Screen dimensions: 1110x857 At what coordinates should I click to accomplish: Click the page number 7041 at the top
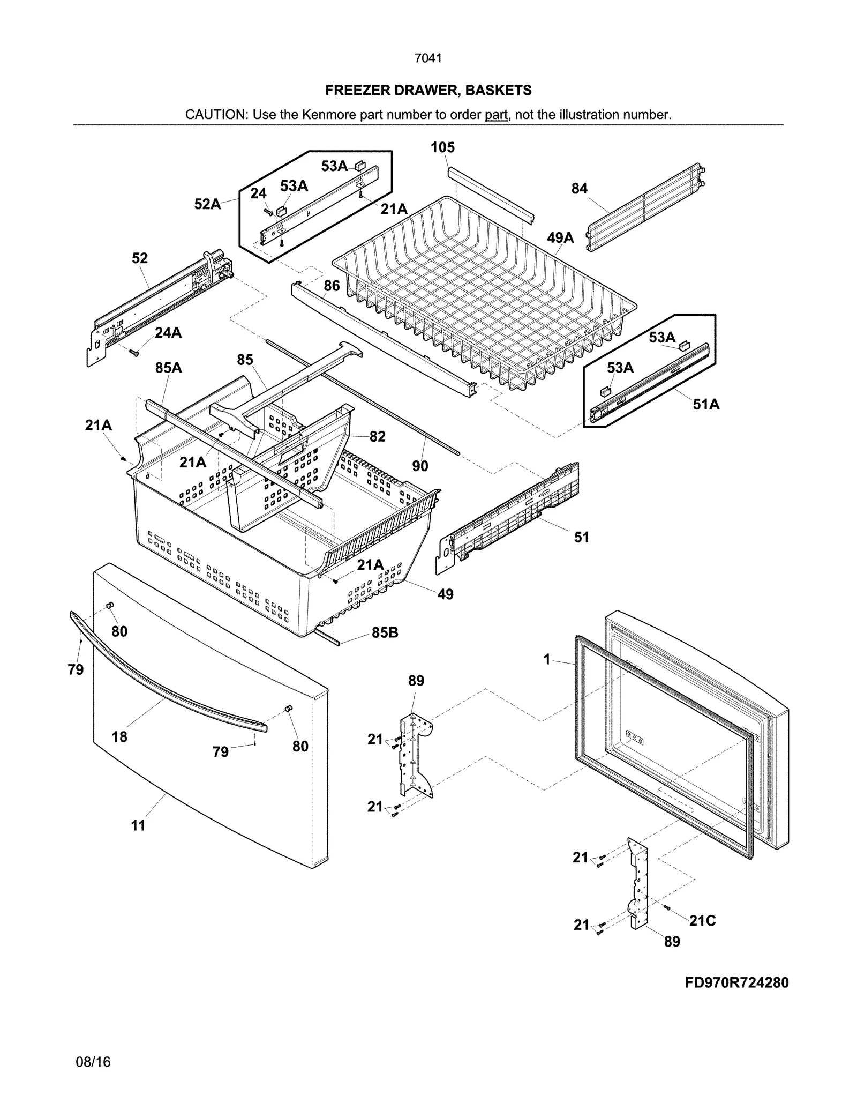(428, 58)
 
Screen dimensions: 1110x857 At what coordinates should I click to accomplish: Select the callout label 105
(442, 147)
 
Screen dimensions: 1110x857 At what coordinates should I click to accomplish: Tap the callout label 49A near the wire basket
(560, 238)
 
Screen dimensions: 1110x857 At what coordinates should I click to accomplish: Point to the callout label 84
(579, 189)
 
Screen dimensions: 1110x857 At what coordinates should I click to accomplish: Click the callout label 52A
(207, 204)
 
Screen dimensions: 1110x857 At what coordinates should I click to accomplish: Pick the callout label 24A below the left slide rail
(168, 333)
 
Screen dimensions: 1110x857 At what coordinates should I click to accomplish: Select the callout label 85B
(385, 633)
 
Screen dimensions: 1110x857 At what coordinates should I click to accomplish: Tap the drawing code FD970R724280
(736, 982)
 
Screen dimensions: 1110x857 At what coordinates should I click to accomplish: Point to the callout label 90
(420, 466)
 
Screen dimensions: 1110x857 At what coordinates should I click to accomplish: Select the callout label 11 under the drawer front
(138, 826)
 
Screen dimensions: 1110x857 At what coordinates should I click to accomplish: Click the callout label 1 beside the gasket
(547, 660)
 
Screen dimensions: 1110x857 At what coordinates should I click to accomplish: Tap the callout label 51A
(706, 405)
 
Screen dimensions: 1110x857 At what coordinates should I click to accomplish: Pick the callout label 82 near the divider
(377, 437)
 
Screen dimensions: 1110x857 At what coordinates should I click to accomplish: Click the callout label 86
(332, 286)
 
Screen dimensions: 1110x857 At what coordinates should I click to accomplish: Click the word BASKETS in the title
(498, 90)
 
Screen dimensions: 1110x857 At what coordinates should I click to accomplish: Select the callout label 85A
(168, 368)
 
